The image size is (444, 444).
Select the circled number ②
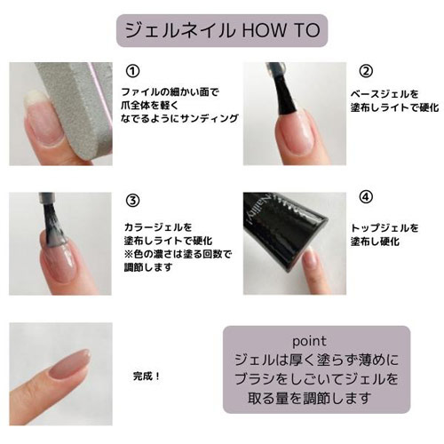tap(364, 71)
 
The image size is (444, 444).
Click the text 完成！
tap(144, 376)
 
